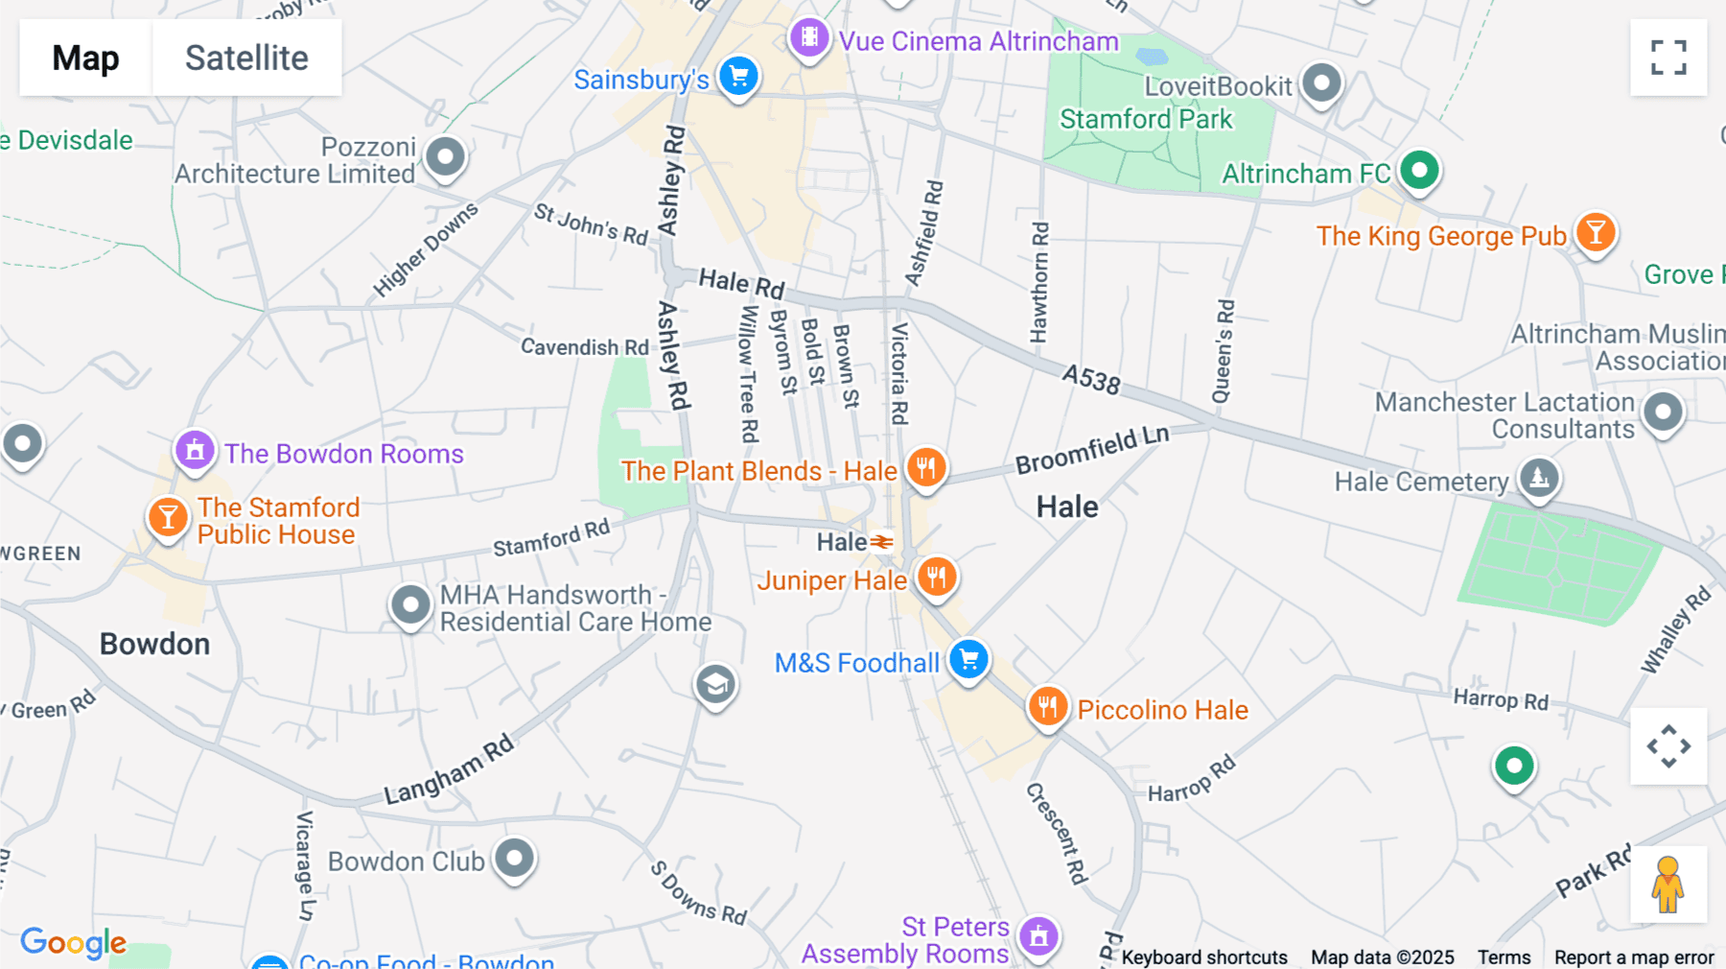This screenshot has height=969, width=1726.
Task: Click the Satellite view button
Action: click(246, 58)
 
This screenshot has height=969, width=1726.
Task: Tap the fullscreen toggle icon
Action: click(1668, 58)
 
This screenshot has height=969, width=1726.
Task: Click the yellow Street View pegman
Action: click(1668, 885)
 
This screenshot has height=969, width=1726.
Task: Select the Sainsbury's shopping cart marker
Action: click(738, 76)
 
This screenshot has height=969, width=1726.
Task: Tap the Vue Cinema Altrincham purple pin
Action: click(809, 37)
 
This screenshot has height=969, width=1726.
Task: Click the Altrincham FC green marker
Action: click(1419, 171)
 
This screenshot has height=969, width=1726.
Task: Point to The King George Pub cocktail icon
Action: click(1596, 232)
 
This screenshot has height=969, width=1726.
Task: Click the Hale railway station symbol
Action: click(881, 542)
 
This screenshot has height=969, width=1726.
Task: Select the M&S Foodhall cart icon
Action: click(968, 659)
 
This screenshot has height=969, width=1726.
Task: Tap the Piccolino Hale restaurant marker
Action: click(1047, 707)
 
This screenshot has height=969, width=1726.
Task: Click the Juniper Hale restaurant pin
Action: click(936, 577)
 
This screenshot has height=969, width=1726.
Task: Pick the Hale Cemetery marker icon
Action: click(1539, 477)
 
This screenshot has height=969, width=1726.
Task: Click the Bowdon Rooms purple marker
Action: click(195, 449)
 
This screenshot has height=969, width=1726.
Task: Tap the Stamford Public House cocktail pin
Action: click(168, 517)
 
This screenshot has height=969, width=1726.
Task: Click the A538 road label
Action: click(1091, 379)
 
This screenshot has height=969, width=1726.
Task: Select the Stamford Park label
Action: click(1145, 119)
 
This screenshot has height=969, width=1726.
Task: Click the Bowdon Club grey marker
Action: click(514, 857)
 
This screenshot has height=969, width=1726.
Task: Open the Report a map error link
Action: click(1634, 957)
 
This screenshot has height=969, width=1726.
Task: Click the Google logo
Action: click(73, 942)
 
